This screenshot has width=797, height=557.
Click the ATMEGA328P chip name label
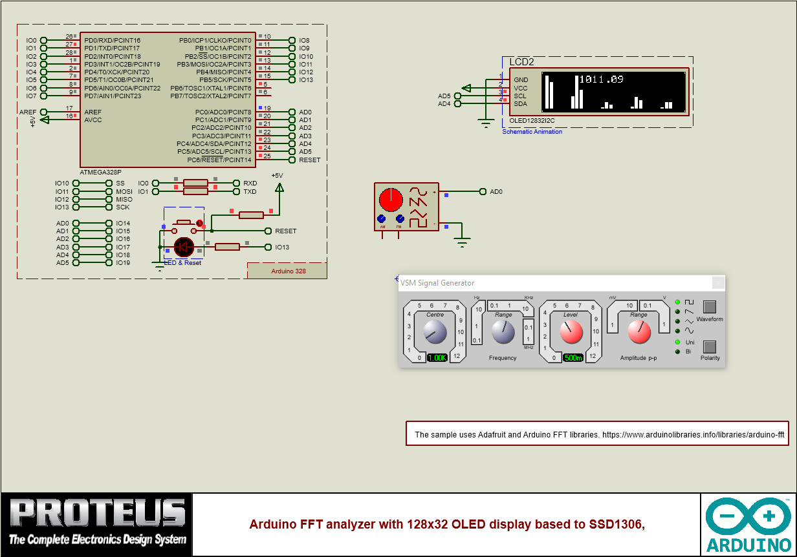(x=100, y=173)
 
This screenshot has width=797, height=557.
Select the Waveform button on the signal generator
(x=710, y=307)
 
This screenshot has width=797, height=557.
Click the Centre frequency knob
(x=435, y=333)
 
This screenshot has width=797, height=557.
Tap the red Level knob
(x=571, y=332)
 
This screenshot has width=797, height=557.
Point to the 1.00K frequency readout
(x=437, y=357)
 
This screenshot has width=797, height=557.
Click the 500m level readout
(x=573, y=357)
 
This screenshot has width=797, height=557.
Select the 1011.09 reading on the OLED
(x=601, y=79)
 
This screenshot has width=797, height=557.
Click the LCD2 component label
(x=521, y=62)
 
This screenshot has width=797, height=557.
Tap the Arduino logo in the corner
(x=748, y=524)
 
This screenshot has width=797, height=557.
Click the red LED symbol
(x=184, y=246)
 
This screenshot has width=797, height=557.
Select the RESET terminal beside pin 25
(x=309, y=160)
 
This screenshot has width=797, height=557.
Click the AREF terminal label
(x=28, y=112)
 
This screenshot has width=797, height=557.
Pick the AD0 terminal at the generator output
(x=496, y=191)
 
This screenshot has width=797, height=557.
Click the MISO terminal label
(x=124, y=199)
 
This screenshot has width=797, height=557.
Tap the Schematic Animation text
(x=532, y=132)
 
